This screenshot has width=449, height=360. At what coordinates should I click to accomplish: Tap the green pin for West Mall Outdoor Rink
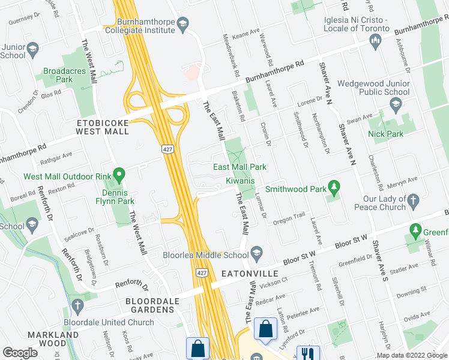119,176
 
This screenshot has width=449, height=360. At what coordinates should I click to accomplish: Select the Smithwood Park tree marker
334,189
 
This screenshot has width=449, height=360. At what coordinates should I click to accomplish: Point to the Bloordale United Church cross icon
76,305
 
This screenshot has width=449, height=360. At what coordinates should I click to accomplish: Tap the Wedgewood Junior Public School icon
395,106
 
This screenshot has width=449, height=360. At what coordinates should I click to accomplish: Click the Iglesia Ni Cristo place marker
376,41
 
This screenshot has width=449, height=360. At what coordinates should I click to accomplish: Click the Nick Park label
386,134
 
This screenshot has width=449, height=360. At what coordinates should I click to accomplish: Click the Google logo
20,353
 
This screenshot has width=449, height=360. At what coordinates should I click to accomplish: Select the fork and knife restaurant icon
308,353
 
